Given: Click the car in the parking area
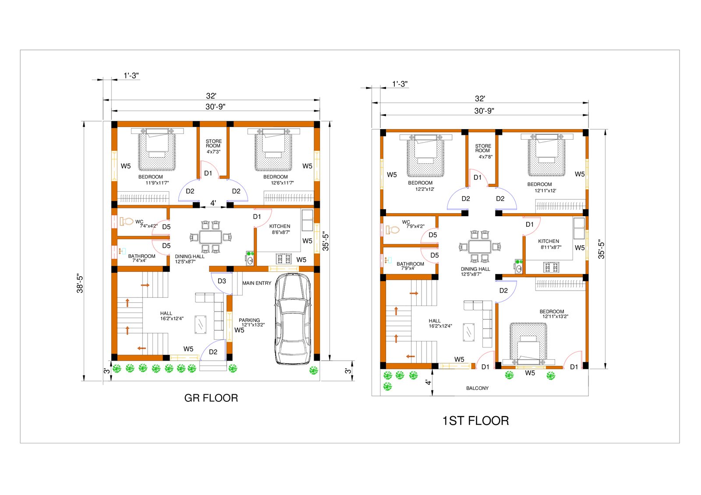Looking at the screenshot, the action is pyautogui.click(x=293, y=319).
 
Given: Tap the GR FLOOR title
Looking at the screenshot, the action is pyautogui.click(x=211, y=398).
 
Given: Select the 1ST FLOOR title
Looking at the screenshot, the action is pyautogui.click(x=475, y=421).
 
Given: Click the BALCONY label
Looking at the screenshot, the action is pyautogui.click(x=477, y=388).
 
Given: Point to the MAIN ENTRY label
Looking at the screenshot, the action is pyautogui.click(x=257, y=283).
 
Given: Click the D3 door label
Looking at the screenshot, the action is pyautogui.click(x=222, y=281).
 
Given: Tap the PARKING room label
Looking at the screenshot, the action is pyautogui.click(x=249, y=320).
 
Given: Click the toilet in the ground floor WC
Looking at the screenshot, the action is pyautogui.click(x=127, y=221).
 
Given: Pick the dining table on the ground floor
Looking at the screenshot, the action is pyautogui.click(x=211, y=237).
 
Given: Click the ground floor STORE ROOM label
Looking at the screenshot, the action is pyautogui.click(x=213, y=144).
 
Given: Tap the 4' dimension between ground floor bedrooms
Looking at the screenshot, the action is pyautogui.click(x=213, y=203).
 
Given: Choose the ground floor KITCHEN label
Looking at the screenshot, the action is pyautogui.click(x=280, y=226).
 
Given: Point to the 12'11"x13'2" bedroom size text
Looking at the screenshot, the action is pyautogui.click(x=555, y=316).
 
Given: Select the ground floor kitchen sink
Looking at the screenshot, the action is pyautogui.click(x=250, y=258).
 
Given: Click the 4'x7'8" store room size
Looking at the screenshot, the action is pyautogui.click(x=485, y=157).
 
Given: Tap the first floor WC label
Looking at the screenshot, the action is pyautogui.click(x=406, y=222).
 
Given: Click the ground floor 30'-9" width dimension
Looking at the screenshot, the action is pyautogui.click(x=215, y=107).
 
